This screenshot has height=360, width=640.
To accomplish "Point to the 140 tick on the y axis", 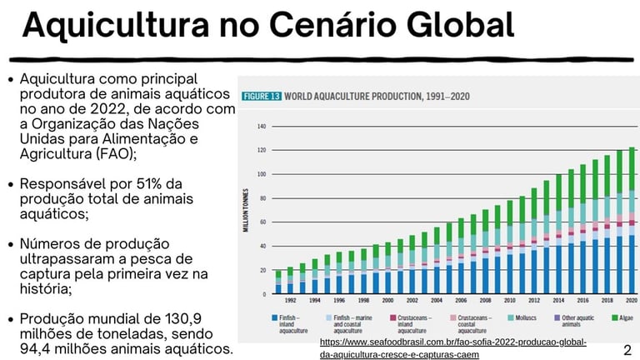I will pos(261,127).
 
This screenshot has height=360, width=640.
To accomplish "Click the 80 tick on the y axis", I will pos(262,198).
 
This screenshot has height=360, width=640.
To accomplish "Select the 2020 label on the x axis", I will pos(631,300).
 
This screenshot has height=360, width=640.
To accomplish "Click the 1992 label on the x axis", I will pos(291,300).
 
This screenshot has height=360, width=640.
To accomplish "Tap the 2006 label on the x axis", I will pos(460,300).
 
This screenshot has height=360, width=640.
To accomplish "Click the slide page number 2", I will pos(627,349).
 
